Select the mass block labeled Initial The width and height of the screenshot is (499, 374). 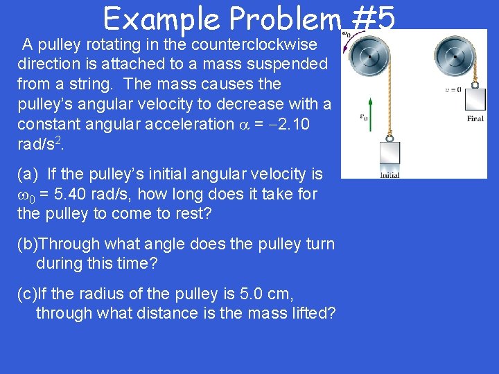389,154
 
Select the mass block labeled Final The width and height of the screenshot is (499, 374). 475,100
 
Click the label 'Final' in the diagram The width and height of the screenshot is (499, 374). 475,118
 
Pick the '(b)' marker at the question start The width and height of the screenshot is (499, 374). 28,244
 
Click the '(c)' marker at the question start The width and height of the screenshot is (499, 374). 27,294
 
